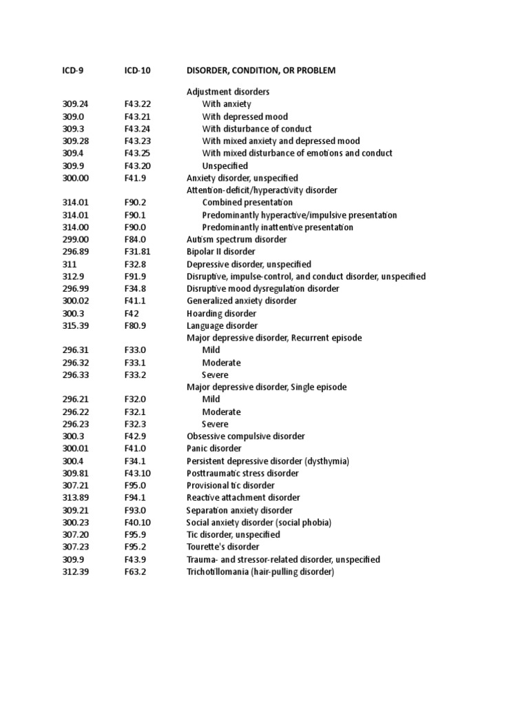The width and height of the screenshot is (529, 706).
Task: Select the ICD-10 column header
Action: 138,70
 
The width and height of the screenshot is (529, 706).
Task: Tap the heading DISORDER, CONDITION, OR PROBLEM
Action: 261,70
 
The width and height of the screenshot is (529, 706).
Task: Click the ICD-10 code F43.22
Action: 138,104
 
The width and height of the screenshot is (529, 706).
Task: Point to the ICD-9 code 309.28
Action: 75,141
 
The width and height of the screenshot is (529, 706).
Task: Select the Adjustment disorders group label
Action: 228,92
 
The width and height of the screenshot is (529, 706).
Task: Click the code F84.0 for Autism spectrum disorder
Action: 135,239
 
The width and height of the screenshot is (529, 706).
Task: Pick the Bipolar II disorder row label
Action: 220,252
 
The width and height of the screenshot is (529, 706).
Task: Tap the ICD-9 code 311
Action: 68,264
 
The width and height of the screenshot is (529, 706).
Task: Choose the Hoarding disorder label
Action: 222,313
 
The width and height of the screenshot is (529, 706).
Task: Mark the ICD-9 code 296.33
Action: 75,374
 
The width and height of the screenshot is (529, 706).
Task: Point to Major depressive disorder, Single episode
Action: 267,387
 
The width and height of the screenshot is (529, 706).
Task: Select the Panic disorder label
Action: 214,448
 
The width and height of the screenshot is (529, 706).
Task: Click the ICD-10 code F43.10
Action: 138,473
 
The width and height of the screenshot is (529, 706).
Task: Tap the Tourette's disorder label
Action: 223,547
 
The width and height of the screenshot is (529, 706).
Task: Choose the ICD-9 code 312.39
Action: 75,572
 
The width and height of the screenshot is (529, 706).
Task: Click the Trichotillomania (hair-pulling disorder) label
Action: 260,572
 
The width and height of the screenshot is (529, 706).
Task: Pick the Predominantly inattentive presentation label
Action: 278,227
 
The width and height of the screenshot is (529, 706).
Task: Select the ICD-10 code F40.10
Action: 138,523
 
